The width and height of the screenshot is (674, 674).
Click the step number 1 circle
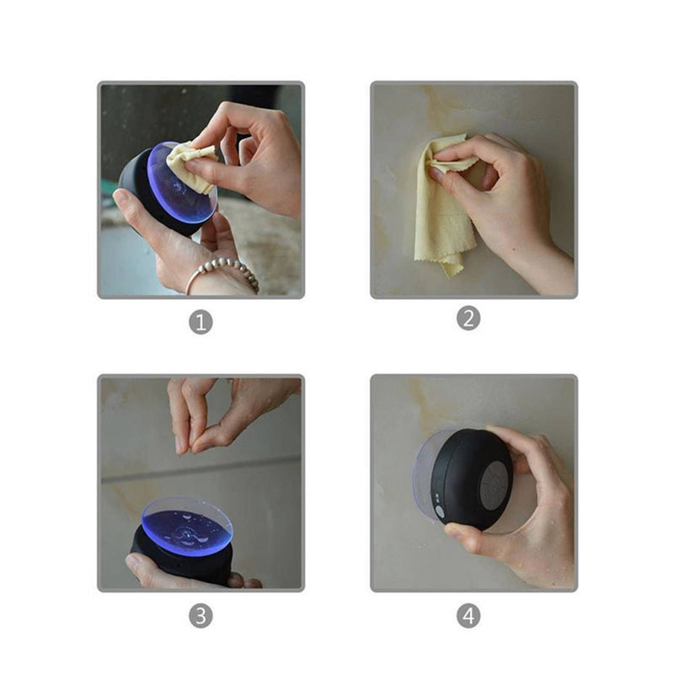click(x=201, y=322)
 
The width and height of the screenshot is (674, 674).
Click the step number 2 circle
click(x=468, y=318)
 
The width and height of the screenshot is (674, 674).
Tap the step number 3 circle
click(x=201, y=615)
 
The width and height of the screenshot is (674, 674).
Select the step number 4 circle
click(x=468, y=616)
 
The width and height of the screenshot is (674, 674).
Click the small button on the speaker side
click(x=440, y=511)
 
